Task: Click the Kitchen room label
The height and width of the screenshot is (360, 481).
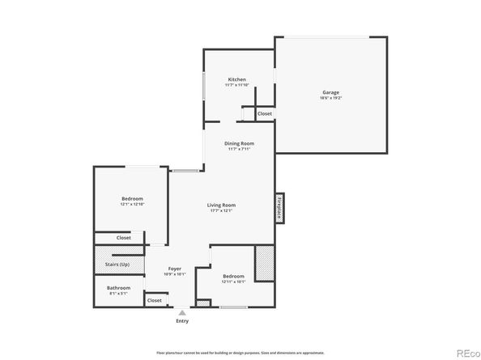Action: tap(236, 79)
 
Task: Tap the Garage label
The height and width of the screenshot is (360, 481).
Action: tap(330, 92)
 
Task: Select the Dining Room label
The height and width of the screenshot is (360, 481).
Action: tap(240, 143)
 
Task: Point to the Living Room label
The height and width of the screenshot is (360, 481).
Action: tap(221, 205)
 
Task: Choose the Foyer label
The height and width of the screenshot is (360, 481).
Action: tap(175, 268)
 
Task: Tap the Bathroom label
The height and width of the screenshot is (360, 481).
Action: tap(118, 287)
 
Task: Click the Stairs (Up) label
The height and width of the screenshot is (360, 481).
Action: tap(118, 263)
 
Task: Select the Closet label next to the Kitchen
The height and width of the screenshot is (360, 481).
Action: tap(265, 114)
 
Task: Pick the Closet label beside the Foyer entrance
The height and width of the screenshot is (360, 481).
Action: tap(154, 300)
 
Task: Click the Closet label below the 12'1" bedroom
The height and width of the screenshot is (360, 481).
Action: tap(123, 238)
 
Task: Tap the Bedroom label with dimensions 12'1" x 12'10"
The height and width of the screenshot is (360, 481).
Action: tap(132, 199)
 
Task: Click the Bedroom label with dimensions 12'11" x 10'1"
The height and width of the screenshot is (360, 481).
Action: tap(233, 276)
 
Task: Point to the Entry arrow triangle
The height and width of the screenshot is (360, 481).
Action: tap(183, 311)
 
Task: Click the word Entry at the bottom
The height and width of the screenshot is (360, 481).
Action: tap(183, 321)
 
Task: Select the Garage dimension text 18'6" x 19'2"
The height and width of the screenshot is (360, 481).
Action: tap(330, 99)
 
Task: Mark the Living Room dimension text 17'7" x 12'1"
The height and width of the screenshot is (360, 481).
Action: tap(221, 211)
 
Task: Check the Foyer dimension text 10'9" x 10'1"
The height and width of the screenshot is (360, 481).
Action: tap(175, 273)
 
